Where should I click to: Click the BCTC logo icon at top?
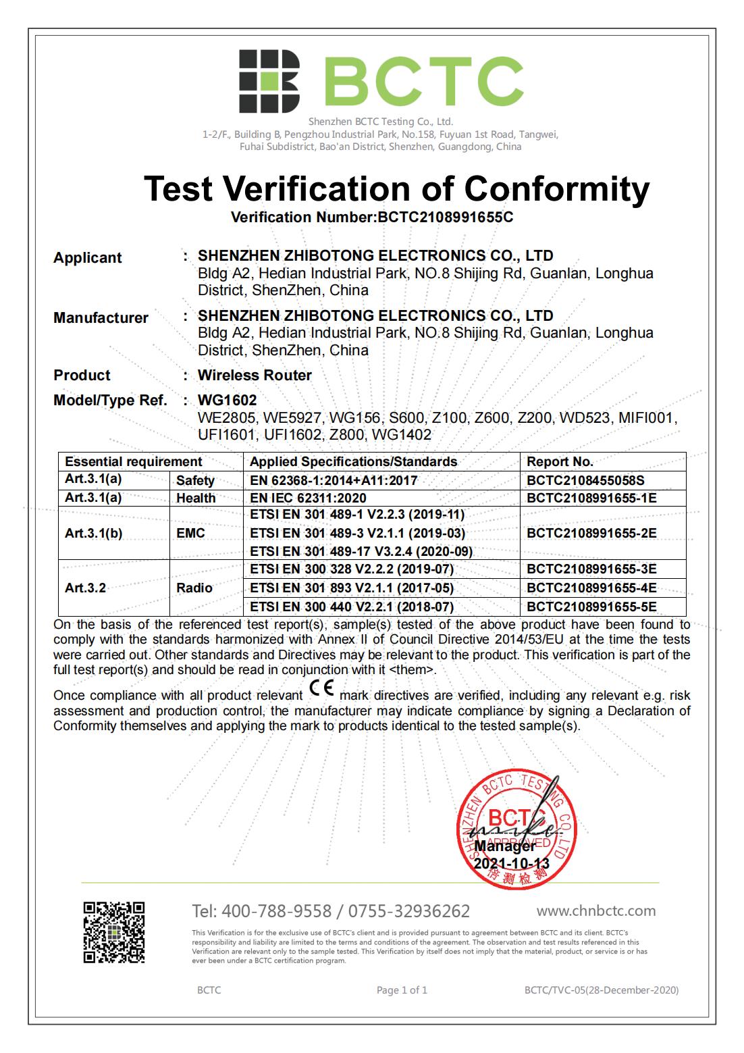269,81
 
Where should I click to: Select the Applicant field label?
88,257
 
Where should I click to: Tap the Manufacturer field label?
101,317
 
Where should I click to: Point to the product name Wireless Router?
255,375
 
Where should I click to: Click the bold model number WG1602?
227,400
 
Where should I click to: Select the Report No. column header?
560,461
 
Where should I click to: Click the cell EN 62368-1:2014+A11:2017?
334,480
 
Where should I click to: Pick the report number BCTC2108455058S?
585,480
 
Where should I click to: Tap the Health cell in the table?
196,498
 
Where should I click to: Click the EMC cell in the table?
190,533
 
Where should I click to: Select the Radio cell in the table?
194,588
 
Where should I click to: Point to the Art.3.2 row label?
85,588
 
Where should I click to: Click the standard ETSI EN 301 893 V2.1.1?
351,588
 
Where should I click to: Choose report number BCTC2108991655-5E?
591,607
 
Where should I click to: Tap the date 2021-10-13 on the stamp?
511,863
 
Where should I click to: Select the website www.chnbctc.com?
596,910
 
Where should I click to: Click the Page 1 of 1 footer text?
402,990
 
